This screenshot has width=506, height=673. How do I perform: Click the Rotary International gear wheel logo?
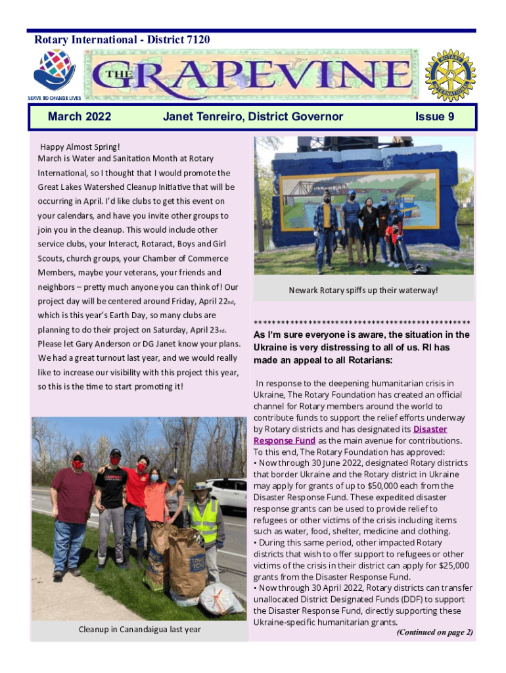(x=449, y=75)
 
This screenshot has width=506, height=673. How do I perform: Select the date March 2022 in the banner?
(x=80, y=117)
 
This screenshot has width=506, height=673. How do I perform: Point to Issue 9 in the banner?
(x=434, y=117)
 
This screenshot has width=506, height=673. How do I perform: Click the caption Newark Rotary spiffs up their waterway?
(x=363, y=290)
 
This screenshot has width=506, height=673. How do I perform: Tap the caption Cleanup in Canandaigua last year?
(x=139, y=629)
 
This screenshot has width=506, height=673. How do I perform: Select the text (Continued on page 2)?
(x=434, y=632)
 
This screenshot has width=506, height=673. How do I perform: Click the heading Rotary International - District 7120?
(x=122, y=41)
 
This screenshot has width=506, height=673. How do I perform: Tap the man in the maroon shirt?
(x=73, y=506)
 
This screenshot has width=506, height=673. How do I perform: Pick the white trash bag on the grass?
(x=221, y=598)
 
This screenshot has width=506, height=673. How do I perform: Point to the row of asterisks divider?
(x=362, y=323)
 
